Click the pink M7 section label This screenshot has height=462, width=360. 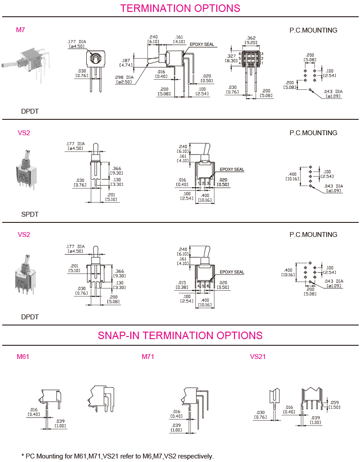[x=21, y=30]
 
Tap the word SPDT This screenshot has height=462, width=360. [x=30, y=214]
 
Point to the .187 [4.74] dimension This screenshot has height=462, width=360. [x=126, y=62]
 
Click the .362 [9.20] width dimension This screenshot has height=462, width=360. [x=251, y=41]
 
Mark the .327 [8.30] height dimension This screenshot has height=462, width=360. [x=231, y=58]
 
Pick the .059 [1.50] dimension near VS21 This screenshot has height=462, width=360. [x=334, y=404]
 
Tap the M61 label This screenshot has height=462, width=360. [x=23, y=356]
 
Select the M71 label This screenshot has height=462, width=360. [x=148, y=356]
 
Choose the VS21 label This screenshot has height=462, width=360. [x=258, y=356]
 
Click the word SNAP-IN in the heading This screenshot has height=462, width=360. [x=119, y=335]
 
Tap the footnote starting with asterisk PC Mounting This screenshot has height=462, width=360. [x=117, y=456]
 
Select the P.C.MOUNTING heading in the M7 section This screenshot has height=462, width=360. [x=313, y=30]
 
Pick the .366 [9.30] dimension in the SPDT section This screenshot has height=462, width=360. [x=117, y=171]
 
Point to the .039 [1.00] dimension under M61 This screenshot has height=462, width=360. [x=61, y=423]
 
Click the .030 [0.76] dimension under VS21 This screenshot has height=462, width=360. [x=261, y=414]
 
